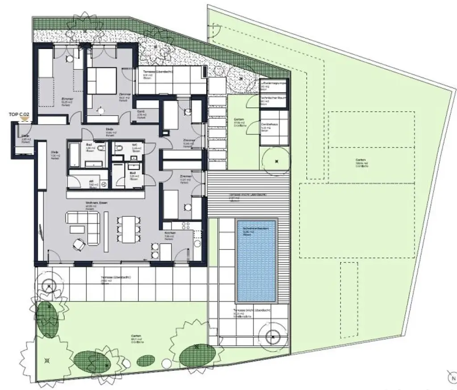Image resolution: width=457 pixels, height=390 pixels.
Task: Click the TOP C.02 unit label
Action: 19,115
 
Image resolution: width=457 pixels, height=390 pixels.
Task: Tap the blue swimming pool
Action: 257,261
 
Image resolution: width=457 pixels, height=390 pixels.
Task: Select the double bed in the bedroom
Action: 102,80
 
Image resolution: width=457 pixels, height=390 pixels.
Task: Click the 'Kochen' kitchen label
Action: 169,233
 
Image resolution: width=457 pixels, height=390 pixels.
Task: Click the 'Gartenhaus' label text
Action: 268,124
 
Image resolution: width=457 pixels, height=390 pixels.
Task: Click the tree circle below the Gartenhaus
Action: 277,161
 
